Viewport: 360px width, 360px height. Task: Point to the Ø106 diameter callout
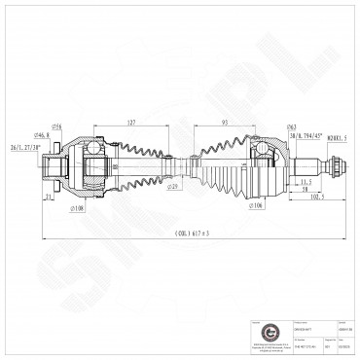(257, 206)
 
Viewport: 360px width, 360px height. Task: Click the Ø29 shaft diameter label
(172, 186)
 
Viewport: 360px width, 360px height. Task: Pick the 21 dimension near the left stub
(47, 196)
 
